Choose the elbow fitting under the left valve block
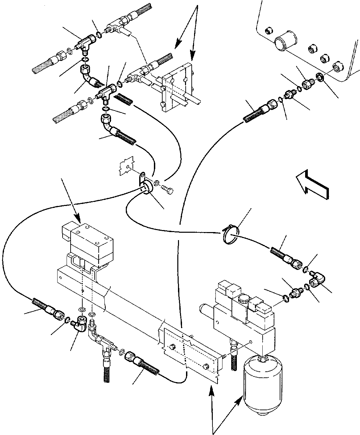(x=81, y=323)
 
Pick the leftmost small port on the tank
(x=268, y=32)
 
